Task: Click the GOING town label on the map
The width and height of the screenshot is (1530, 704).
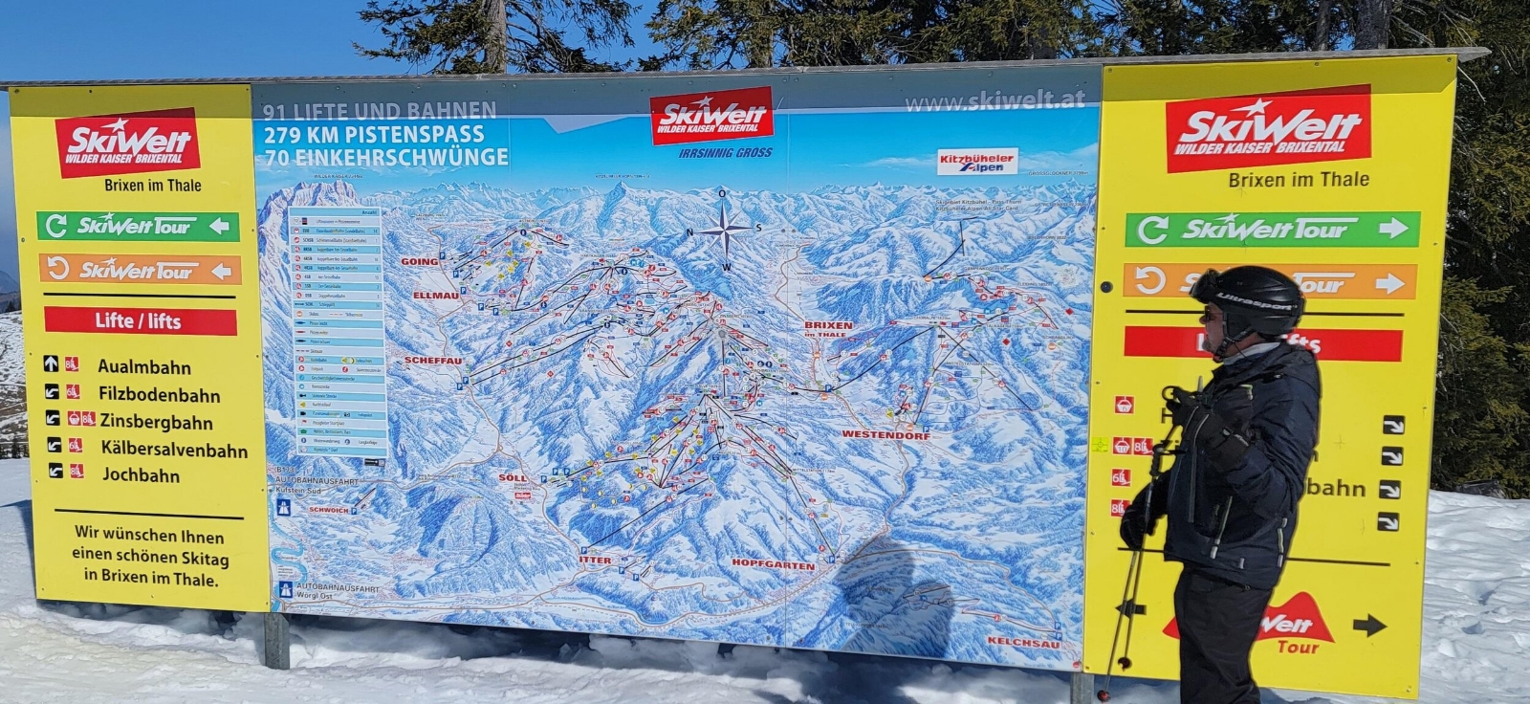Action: (419, 261)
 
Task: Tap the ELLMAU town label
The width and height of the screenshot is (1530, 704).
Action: (436, 297)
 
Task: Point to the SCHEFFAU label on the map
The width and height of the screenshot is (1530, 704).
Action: (433, 361)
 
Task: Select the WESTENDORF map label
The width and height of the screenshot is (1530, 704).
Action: (885, 434)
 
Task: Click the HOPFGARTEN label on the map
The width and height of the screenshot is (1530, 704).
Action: (773, 565)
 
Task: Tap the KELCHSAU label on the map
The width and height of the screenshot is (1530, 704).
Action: (1023, 644)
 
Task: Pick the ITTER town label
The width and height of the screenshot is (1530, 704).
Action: (595, 561)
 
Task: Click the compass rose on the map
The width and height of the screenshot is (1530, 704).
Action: (725, 230)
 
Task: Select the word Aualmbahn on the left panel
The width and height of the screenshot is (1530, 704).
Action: (144, 367)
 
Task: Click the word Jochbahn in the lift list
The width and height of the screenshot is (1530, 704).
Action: (141, 474)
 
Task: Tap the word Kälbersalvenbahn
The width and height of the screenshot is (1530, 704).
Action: (173, 450)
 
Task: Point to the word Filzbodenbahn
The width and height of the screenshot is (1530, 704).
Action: (159, 395)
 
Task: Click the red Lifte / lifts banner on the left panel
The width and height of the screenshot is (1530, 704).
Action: (140, 321)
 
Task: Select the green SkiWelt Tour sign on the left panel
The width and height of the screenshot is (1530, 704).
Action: (139, 226)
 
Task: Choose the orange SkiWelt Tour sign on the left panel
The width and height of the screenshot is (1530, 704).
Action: (140, 271)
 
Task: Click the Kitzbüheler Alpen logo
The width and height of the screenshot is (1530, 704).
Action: (975, 161)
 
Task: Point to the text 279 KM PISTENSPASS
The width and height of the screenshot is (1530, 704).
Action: (375, 134)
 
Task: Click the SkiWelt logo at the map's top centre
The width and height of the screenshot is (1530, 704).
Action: (711, 116)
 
